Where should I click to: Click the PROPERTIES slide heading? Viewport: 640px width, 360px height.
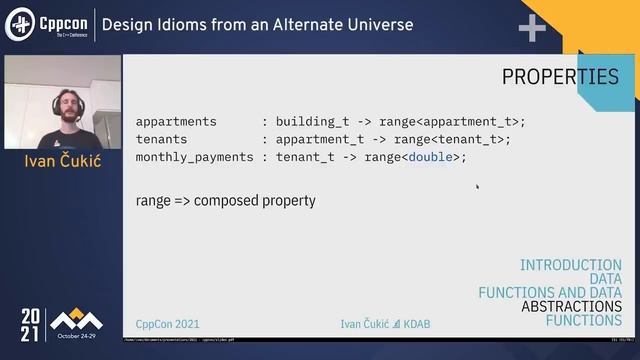559,77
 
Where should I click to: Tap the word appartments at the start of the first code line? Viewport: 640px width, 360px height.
176,122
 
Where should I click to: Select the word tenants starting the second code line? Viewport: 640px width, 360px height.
161,140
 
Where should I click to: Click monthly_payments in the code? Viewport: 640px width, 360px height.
191,158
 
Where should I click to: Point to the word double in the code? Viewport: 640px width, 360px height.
430,158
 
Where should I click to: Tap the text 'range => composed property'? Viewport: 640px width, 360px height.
225,201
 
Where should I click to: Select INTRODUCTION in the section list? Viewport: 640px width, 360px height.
570,265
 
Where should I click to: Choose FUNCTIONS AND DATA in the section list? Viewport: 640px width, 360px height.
549,293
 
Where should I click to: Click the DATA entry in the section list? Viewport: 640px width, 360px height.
605,279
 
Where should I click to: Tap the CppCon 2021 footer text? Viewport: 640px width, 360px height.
168,324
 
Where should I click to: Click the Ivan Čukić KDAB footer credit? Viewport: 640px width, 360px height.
385,324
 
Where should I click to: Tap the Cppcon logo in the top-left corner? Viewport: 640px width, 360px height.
48,24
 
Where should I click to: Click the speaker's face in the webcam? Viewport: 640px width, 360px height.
63,96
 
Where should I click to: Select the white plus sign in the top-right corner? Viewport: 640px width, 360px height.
531,29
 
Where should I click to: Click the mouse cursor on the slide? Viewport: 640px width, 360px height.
477,185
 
